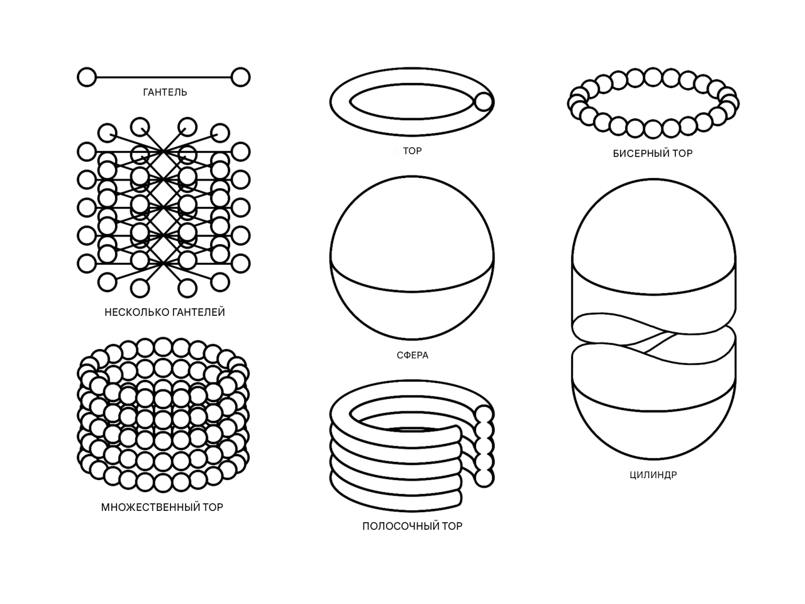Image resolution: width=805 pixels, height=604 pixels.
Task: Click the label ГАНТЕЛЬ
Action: tap(165, 92)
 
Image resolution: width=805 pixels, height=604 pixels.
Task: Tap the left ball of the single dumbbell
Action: tap(87, 77)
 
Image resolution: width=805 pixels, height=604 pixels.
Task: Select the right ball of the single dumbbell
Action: tap(241, 77)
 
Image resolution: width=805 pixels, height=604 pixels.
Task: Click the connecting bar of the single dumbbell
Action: tap(164, 77)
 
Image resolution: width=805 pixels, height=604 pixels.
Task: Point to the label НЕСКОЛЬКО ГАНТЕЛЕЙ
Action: tap(165, 312)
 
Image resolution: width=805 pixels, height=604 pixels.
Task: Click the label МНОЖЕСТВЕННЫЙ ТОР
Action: tap(162, 507)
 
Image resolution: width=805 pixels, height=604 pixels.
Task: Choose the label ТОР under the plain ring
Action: tap(412, 151)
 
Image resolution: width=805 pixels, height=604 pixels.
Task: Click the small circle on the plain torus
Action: tap(484, 101)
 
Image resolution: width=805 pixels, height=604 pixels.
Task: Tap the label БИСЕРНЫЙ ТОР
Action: tap(653, 154)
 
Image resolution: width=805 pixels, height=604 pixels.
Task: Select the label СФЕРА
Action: tap(413, 355)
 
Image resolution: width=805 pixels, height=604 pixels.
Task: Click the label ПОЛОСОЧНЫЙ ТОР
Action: tap(412, 526)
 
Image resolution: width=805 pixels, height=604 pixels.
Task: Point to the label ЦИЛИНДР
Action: tap(653, 475)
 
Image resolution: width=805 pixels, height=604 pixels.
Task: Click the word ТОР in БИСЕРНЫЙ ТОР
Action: tap(683, 154)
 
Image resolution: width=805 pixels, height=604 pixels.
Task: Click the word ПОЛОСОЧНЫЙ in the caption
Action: tap(401, 526)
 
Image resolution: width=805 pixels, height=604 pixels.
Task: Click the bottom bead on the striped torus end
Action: tap(484, 478)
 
